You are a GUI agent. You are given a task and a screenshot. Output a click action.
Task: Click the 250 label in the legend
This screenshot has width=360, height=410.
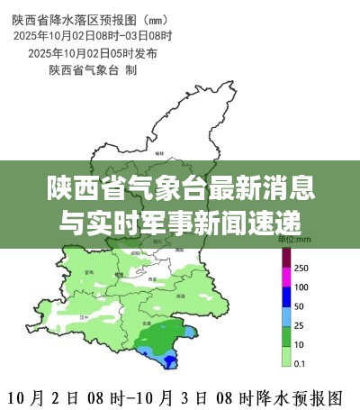tap(301, 268)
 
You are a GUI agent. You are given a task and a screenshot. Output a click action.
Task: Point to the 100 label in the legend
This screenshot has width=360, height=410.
tap(301, 287)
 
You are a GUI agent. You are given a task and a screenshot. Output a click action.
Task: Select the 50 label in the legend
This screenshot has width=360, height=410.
tap(299, 306)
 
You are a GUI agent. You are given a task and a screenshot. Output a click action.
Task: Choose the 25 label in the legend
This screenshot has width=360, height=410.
tap(299, 325)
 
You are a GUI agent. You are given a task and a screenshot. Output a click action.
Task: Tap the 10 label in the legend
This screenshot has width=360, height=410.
tap(299, 344)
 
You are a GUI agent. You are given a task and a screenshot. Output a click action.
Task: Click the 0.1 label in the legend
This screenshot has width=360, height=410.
tap(300, 363)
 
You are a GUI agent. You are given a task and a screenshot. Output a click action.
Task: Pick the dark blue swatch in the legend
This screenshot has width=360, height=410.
tap(286, 296)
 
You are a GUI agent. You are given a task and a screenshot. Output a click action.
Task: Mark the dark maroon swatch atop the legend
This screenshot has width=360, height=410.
tap(286, 259)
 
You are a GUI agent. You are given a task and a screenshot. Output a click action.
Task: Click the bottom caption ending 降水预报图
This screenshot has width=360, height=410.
tap(180, 396)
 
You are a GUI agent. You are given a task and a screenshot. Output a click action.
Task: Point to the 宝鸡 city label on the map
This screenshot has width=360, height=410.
tap(88, 271)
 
